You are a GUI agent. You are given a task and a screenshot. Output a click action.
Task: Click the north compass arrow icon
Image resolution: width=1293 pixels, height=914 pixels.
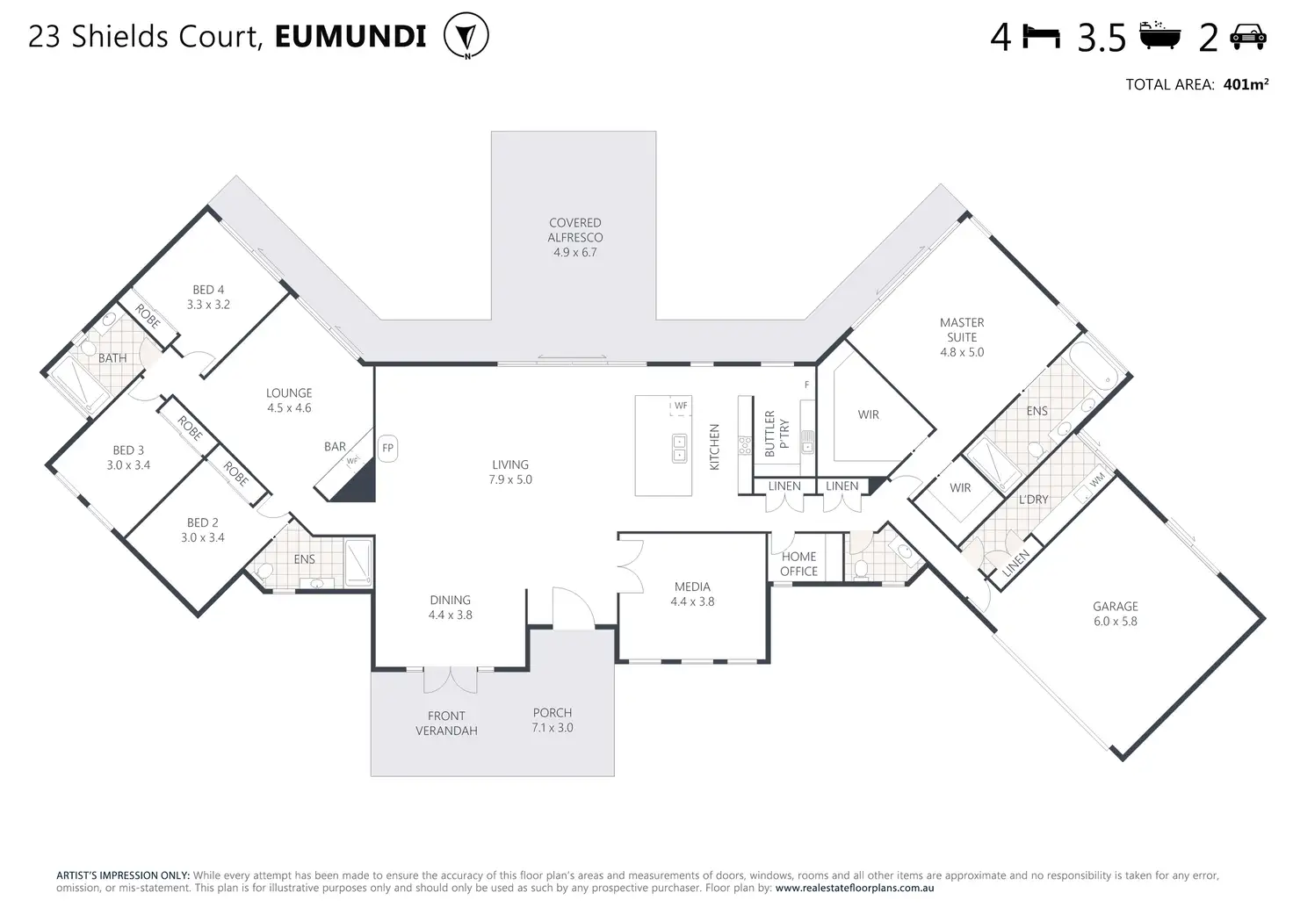tap(466, 35)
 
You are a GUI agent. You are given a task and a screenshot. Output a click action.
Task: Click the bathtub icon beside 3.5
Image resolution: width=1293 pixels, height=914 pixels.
tap(1159, 36)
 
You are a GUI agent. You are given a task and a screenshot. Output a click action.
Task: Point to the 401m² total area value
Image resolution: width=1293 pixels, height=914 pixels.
tap(1246, 84)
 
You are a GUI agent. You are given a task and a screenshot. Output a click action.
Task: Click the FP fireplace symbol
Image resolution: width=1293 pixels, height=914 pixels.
tap(387, 449)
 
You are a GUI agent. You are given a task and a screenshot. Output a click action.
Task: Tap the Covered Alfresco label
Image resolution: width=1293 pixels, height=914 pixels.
tap(575, 230)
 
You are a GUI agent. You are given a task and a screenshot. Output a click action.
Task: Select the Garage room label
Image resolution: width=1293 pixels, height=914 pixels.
tap(1116, 607)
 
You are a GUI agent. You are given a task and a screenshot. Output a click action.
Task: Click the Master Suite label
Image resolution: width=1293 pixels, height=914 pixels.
tap(962, 330)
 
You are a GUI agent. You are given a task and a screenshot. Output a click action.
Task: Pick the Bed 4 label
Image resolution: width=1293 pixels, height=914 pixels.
tap(208, 290)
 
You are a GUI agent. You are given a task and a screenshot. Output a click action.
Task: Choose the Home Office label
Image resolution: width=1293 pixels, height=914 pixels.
tap(798, 564)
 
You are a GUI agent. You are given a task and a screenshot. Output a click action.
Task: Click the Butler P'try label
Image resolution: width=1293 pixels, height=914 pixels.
tap(777, 434)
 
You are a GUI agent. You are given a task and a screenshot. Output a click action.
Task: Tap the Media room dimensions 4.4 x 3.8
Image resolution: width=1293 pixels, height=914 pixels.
tap(692, 601)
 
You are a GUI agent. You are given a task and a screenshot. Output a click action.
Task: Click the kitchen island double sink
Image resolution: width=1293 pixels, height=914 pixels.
tap(679, 449)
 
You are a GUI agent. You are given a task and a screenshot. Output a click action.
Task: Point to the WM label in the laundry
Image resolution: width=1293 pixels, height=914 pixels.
tap(1097, 479)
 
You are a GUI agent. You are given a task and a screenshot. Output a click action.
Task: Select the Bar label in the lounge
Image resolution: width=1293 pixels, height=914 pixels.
tap(335, 447)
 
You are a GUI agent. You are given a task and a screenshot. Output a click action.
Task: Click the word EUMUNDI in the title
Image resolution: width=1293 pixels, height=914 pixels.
tap(350, 36)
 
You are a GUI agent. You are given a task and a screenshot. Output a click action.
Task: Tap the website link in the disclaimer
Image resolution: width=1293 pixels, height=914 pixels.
tap(855, 888)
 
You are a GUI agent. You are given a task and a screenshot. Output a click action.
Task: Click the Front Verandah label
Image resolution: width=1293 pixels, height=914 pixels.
tap(446, 723)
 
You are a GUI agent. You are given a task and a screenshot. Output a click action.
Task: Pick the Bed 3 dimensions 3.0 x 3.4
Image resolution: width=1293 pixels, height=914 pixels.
tap(128, 465)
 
